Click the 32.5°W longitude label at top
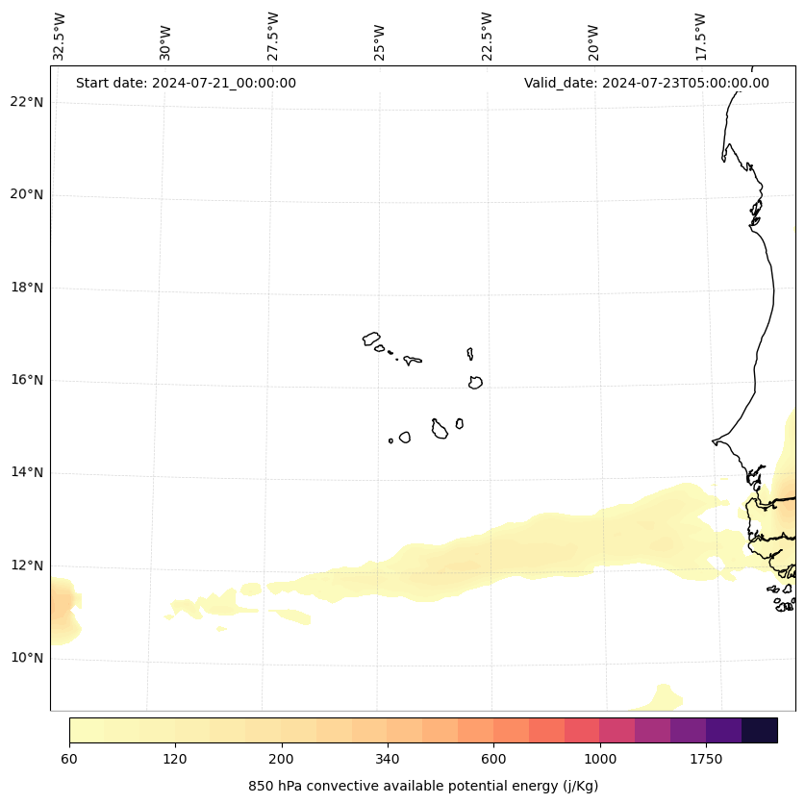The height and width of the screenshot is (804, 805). click(60, 37)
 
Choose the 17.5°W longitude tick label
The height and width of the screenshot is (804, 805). click(700, 37)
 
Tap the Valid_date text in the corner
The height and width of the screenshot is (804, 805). click(646, 83)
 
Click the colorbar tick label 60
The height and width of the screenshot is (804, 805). click(69, 760)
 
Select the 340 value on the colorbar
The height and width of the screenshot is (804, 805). click(388, 760)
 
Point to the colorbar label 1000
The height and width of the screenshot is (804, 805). click(600, 760)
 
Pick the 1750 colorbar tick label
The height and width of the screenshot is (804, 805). click(706, 760)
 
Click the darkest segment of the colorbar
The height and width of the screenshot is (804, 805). click(760, 730)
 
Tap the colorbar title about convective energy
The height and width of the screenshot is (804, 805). click(423, 786)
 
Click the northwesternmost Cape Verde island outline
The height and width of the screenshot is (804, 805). click(371, 339)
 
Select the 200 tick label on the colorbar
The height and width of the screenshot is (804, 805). click(282, 760)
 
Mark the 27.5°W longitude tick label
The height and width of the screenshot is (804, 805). click(273, 37)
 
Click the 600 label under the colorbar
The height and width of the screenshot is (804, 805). click(493, 760)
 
